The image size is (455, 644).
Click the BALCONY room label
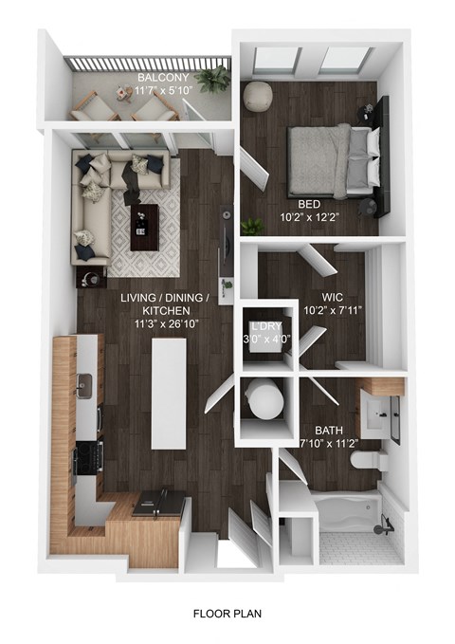click(x=162, y=78)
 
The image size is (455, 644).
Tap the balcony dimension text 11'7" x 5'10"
click(x=162, y=90)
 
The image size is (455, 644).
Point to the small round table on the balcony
click(x=123, y=92)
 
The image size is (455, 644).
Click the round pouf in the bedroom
click(x=257, y=96)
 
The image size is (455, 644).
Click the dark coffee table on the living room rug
click(x=142, y=219)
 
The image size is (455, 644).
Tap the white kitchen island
click(x=169, y=390)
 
